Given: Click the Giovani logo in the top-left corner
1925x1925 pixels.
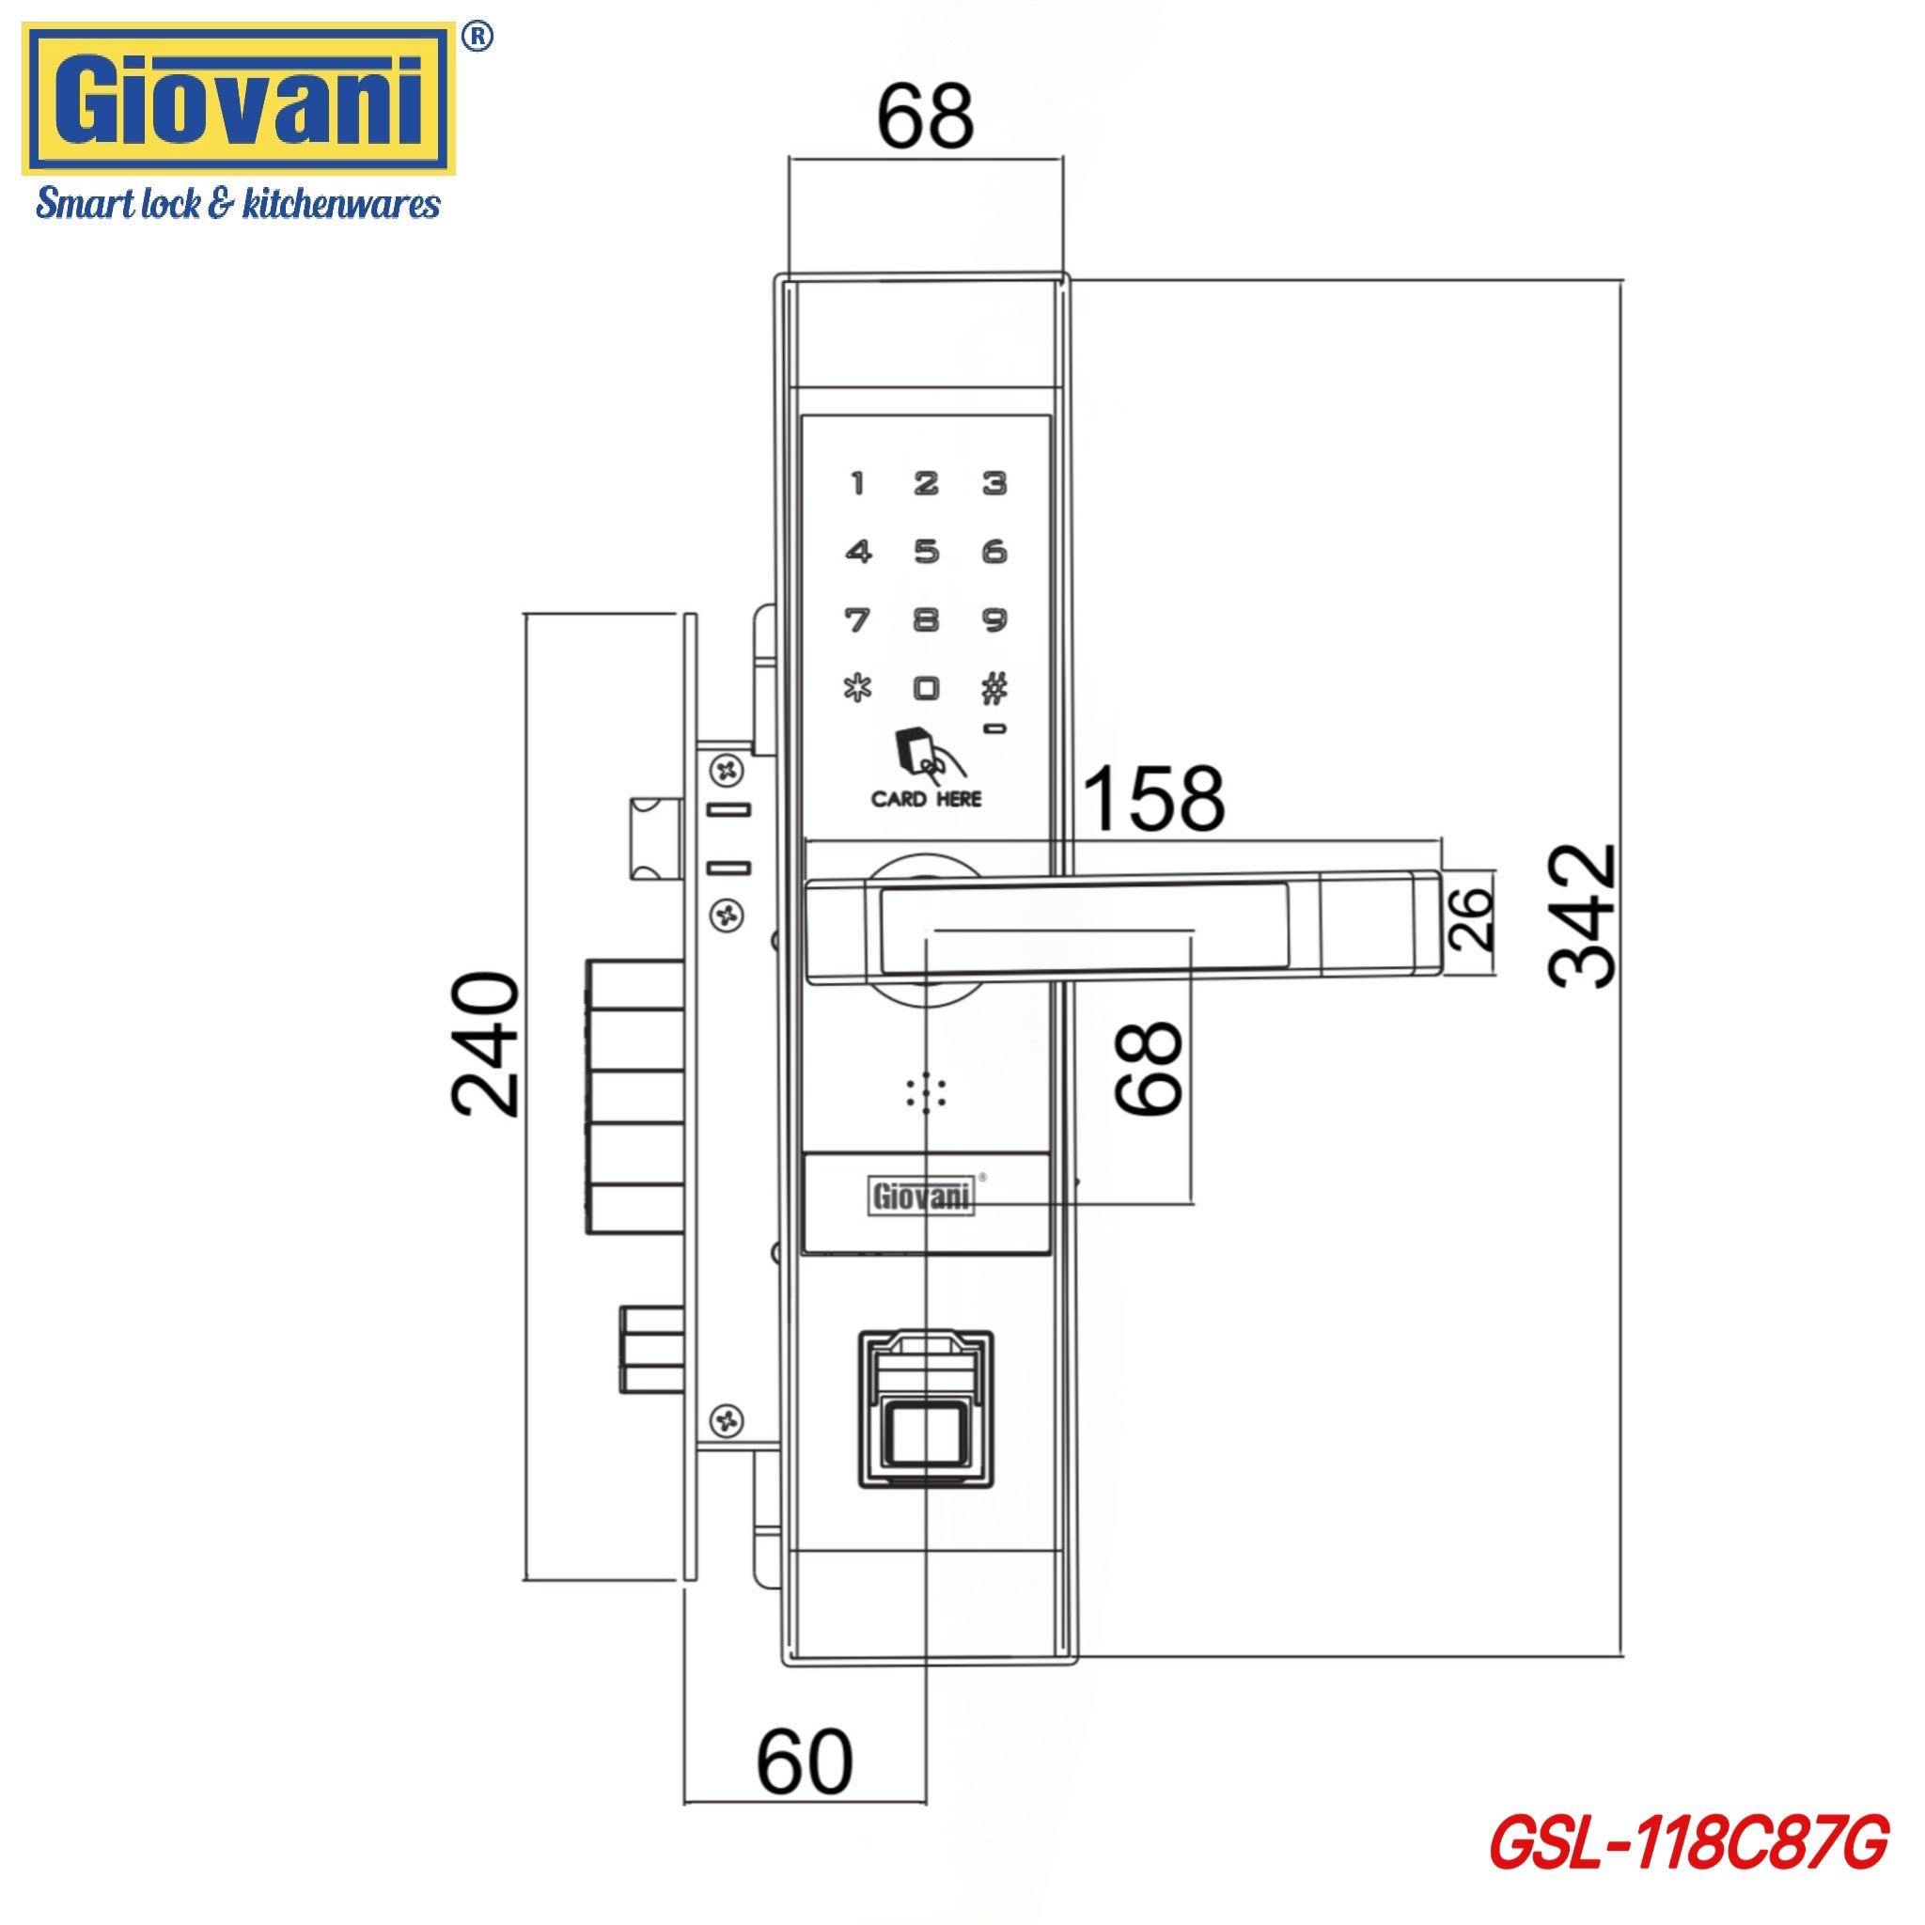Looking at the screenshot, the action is (x=239, y=101).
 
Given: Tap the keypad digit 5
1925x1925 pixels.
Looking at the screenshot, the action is (x=927, y=551).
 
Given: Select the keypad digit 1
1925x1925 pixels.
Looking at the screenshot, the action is (x=858, y=483).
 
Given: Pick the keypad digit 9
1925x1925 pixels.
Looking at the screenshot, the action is (x=994, y=619).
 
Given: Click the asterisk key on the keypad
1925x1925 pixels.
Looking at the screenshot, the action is (x=858, y=688).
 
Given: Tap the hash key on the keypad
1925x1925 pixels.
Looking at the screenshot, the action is (x=994, y=687).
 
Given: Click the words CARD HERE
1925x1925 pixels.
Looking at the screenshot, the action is (x=927, y=799).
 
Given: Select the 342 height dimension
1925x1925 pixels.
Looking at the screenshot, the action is (x=1584, y=916).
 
